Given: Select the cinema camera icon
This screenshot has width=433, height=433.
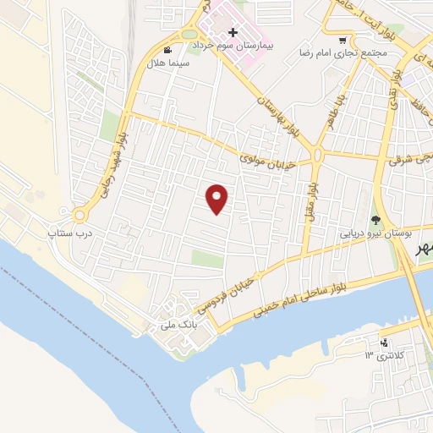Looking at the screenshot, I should tap(178, 50).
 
